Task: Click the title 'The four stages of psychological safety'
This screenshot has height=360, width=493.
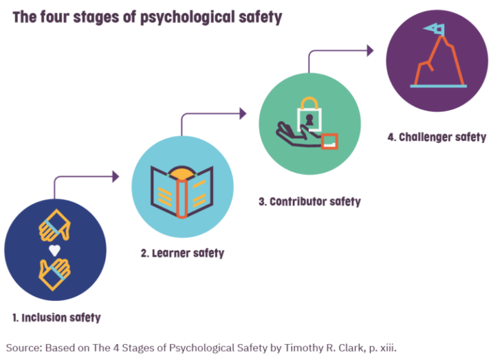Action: [147, 17]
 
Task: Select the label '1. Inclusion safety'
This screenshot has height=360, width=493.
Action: [56, 317]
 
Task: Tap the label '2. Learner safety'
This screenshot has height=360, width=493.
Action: [182, 253]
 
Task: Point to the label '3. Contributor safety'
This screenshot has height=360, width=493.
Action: [310, 201]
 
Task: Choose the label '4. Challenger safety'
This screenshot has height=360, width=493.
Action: [437, 137]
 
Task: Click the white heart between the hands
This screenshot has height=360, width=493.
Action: [55, 249]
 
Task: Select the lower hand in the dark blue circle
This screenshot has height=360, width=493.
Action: [55, 271]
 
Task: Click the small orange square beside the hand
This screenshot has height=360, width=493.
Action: [329, 141]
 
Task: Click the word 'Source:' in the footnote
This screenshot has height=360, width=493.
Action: [24, 348]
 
